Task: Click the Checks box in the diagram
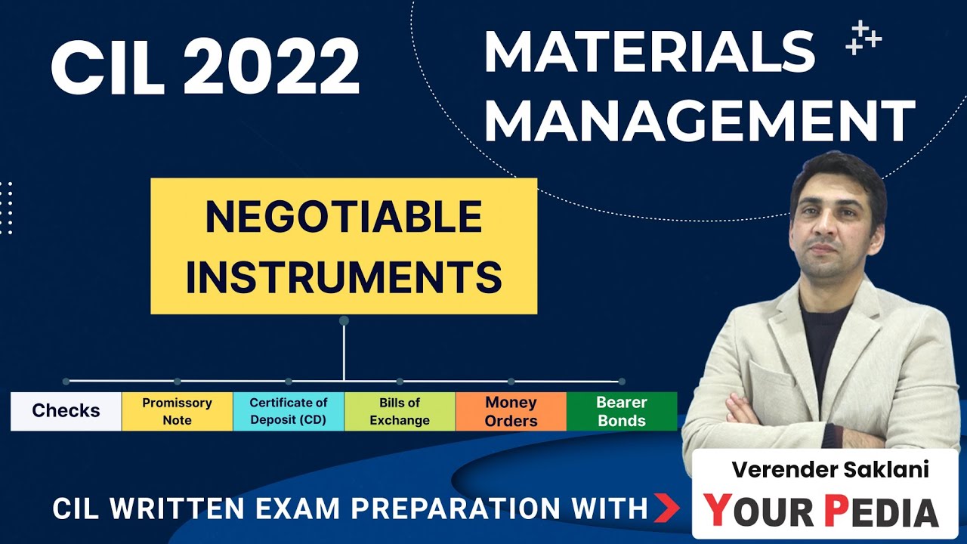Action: pos(66,411)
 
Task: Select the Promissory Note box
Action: pos(177,411)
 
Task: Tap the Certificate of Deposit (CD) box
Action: pos(289,411)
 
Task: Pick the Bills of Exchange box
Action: pos(400,411)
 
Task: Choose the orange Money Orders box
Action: pos(511,411)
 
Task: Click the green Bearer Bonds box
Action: pos(622,411)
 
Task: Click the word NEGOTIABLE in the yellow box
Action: pos(344,218)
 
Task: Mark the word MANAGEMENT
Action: pos(699,121)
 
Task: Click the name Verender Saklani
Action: pos(830,470)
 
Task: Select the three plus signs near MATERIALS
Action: pos(864,38)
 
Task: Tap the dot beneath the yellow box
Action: pos(344,320)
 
